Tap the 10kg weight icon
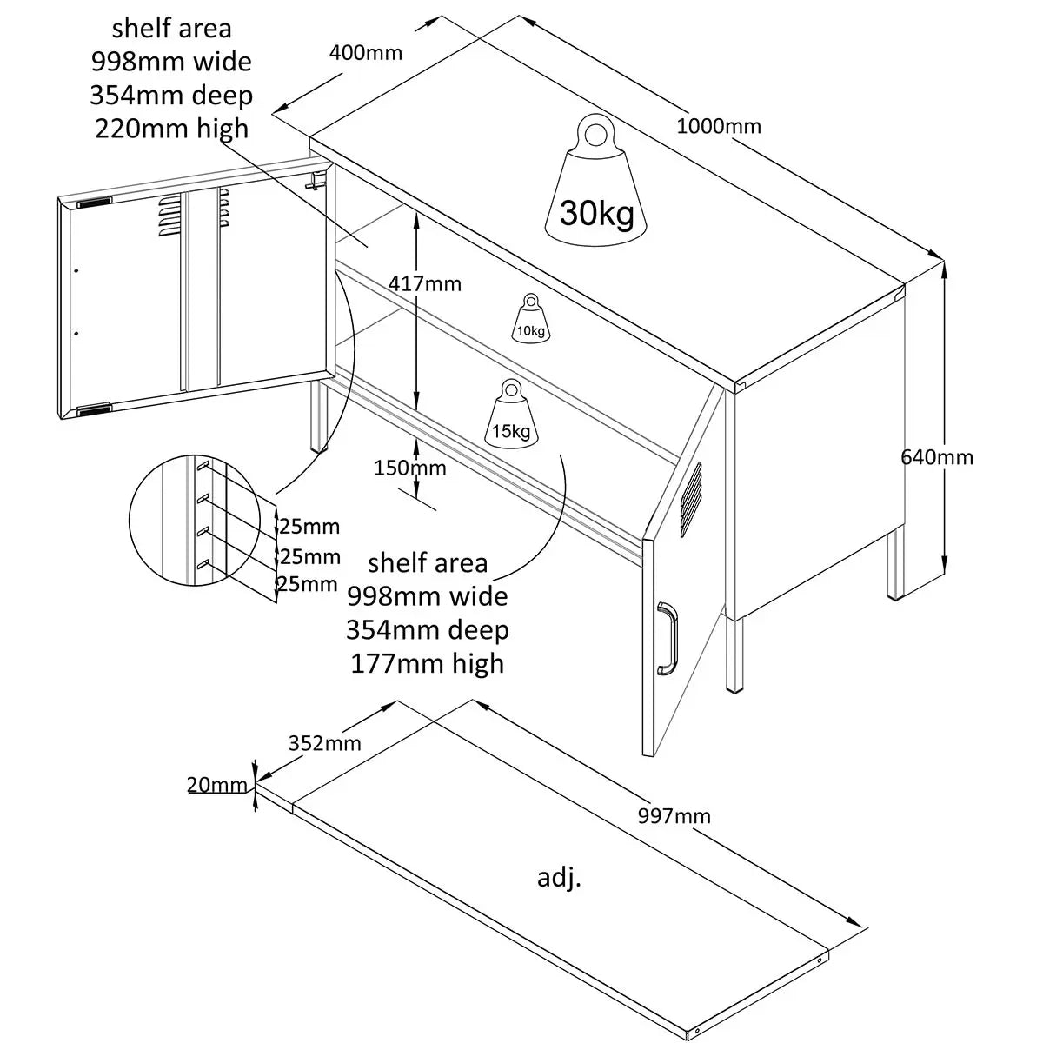tap(530, 318)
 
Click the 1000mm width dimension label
tap(719, 126)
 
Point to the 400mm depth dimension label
tap(366, 52)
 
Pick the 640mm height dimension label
tap(937, 456)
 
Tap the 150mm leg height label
tap(410, 468)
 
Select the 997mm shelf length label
tap(674, 815)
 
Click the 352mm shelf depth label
tap(325, 743)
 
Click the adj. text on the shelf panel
tap(559, 878)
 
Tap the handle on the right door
tap(667, 639)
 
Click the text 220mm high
tap(171, 129)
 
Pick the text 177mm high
tap(427, 663)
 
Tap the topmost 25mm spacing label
tap(308, 526)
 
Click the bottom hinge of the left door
tap(93, 409)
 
